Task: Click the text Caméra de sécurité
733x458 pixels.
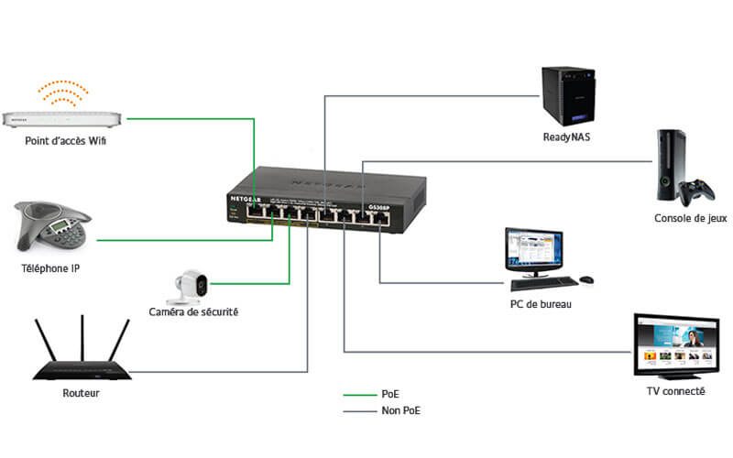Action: (x=193, y=313)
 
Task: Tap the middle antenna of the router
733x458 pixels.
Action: (x=82, y=339)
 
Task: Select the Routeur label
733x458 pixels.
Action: (x=81, y=393)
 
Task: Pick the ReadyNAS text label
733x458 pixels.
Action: (x=570, y=139)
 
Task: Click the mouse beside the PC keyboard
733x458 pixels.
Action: (x=586, y=279)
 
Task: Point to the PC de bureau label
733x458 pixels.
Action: (x=541, y=304)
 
